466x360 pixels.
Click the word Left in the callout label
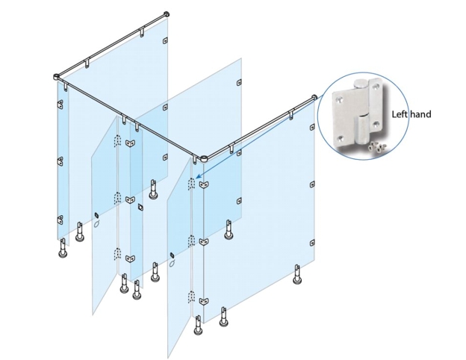(x=399, y=114)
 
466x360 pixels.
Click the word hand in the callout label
(x=420, y=114)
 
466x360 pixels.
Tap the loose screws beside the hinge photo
(x=377, y=146)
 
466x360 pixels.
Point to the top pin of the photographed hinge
(x=360, y=84)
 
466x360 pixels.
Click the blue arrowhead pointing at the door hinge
(x=199, y=176)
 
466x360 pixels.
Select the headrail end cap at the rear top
(x=167, y=14)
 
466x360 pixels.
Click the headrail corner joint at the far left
(x=57, y=77)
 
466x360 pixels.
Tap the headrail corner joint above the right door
(x=204, y=159)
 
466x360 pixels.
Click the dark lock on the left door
(x=96, y=215)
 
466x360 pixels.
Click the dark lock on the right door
(x=172, y=255)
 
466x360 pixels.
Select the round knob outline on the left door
(x=96, y=224)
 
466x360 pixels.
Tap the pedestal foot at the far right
(x=296, y=274)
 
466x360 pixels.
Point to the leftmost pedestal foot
(x=63, y=248)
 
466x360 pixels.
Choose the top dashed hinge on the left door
(x=118, y=140)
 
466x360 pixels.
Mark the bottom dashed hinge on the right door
(x=191, y=297)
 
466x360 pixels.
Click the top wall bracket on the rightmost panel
(x=312, y=127)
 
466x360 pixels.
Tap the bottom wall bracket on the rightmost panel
(x=312, y=243)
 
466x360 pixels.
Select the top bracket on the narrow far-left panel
(x=60, y=104)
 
